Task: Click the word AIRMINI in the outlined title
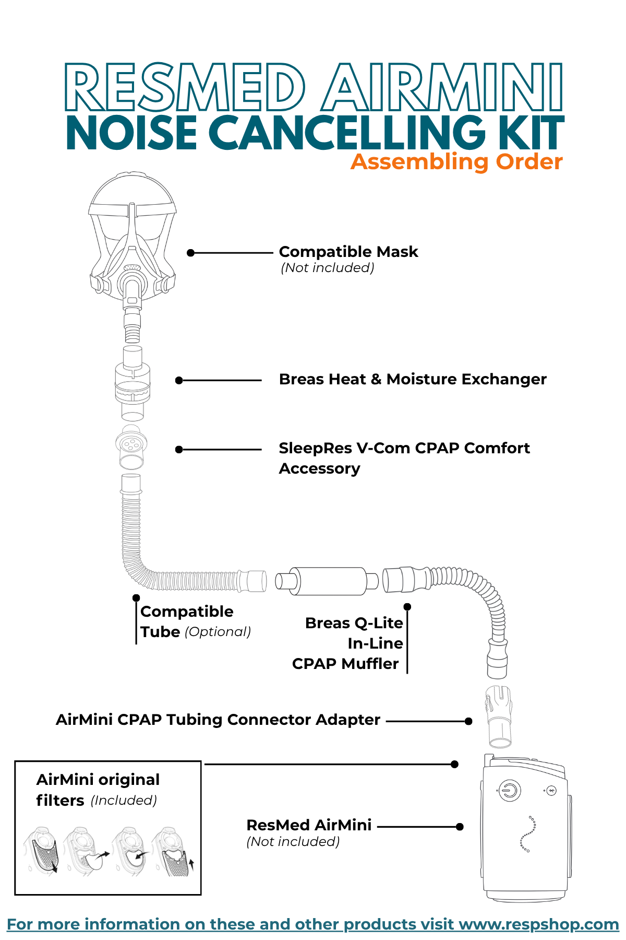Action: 442,87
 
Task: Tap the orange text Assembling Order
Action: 456,162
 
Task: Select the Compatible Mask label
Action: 348,252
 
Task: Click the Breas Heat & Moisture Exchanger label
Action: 413,379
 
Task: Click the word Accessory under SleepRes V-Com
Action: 319,468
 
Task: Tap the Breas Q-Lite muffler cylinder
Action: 327,581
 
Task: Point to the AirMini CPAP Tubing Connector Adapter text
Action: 218,720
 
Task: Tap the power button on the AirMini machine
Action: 509,791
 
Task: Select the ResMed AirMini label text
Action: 309,825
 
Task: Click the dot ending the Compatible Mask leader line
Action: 191,253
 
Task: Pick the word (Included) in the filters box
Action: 124,801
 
